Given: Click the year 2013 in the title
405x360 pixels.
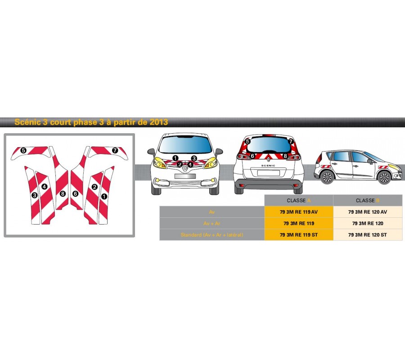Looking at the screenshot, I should (159, 122).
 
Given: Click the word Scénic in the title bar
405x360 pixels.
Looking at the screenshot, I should (28, 122).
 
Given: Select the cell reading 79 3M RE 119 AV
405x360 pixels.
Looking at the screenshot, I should (298, 211).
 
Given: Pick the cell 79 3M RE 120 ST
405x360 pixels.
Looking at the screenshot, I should (368, 234).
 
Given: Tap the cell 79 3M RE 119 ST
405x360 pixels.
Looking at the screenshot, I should (298, 234).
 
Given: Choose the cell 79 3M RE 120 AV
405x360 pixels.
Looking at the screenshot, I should (368, 211).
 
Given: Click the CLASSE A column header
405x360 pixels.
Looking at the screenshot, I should (298, 200).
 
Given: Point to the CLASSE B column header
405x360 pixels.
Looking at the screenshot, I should (368, 200).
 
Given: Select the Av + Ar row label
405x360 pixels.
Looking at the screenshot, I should (212, 223).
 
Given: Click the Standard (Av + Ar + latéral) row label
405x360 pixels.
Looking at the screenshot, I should (212, 234).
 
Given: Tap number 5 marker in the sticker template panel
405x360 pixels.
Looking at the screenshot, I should (23, 150).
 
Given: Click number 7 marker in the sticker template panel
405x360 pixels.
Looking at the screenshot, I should (115, 150).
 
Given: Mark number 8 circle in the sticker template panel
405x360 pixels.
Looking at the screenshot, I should (63, 193).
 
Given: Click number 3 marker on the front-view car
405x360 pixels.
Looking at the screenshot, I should (193, 158).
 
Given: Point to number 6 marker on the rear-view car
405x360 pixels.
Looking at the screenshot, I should (252, 156).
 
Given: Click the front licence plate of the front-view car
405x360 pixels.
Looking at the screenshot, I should (184, 176).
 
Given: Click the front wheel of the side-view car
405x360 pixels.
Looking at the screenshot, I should (384, 177).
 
